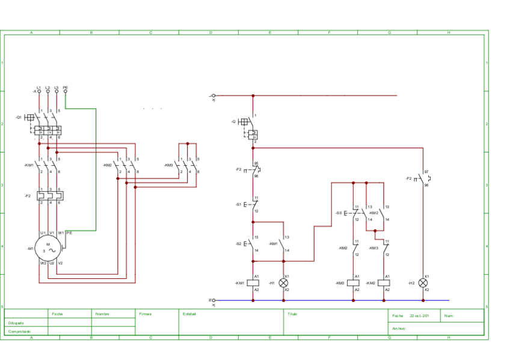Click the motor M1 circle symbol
(49, 248)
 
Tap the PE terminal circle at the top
(65, 91)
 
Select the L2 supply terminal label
(48, 88)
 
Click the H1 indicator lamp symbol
(283, 282)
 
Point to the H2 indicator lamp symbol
(423, 282)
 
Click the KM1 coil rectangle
(253, 282)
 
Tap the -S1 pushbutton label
(238, 204)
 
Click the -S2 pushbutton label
(238, 243)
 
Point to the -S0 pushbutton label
(339, 213)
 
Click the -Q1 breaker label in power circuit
(19, 117)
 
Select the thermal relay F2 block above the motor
(51, 196)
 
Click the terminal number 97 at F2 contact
(426, 172)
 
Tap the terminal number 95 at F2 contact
(256, 163)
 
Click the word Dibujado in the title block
(16, 323)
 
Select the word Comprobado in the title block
(19, 331)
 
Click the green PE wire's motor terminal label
(69, 233)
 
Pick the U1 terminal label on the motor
(43, 233)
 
